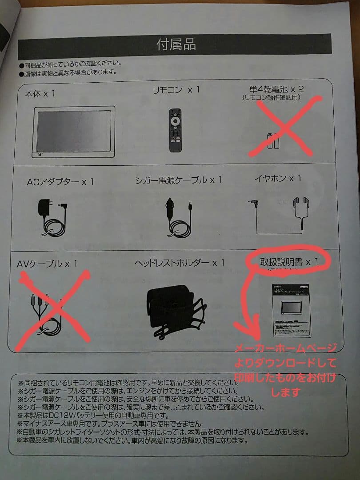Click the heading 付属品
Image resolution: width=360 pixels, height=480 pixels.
[x=176, y=44]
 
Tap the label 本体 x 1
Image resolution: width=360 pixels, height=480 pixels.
[x=40, y=94]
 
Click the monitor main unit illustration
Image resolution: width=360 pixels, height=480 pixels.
[x=74, y=132]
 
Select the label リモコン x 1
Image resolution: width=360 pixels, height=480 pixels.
[x=176, y=90]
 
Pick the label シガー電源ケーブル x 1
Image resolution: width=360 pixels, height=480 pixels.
[x=178, y=180]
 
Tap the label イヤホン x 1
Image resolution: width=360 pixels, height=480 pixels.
[x=278, y=179]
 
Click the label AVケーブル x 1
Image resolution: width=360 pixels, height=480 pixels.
[x=47, y=264]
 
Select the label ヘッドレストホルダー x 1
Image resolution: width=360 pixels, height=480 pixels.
[x=180, y=263]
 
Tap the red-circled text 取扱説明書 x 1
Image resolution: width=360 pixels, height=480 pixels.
[x=289, y=262]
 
